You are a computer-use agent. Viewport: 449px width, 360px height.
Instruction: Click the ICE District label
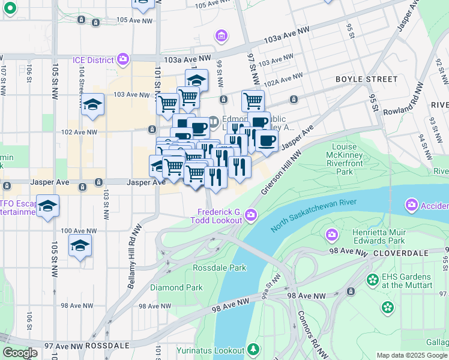[x=92, y=60]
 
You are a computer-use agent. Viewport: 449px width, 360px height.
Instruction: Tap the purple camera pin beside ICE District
[x=124, y=59]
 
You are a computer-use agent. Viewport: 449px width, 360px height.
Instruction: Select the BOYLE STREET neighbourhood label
[x=366, y=79]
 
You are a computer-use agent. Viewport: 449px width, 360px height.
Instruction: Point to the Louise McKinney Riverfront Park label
[x=352, y=158]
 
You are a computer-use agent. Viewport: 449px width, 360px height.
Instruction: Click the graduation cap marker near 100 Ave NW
[x=80, y=246]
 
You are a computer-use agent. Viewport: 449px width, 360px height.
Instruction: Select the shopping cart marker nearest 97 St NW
[x=253, y=101]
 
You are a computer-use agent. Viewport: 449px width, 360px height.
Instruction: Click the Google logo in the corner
[x=20, y=353]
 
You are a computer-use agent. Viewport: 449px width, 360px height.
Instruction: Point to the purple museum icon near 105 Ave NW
[x=221, y=36]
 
